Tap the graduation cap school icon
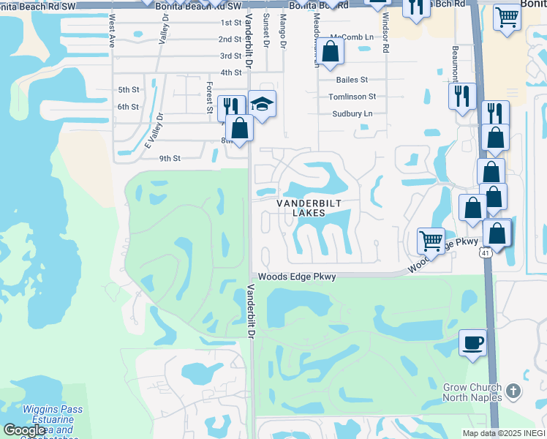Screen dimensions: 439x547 [x=262, y=103]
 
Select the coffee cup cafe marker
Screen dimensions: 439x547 [x=472, y=342]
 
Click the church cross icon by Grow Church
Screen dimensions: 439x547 [x=513, y=391]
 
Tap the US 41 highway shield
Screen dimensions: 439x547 [x=486, y=252]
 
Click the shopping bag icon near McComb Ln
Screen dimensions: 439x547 [x=331, y=52]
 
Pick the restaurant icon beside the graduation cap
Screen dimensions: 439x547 [x=231, y=107]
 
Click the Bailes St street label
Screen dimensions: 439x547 [x=352, y=80]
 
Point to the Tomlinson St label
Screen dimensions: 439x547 [x=352, y=97]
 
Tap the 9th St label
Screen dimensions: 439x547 [x=170, y=158]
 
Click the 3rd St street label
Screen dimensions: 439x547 [x=230, y=56]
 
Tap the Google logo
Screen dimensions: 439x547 [x=24, y=430]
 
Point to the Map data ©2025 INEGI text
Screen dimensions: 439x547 [x=504, y=433]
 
